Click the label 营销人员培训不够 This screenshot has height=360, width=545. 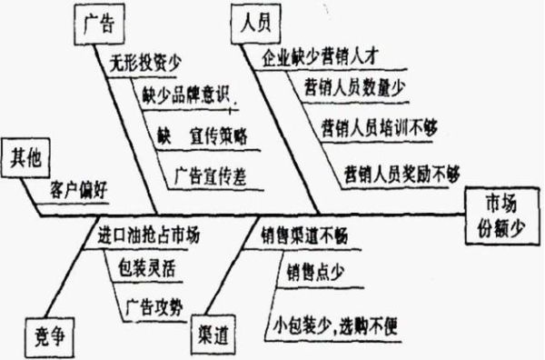coord(379,126)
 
